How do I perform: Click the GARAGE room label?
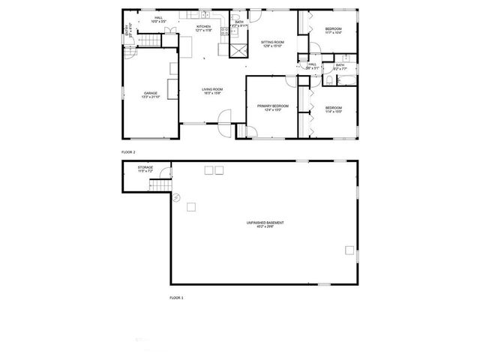click(140, 93)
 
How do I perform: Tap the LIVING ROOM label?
click(212, 89)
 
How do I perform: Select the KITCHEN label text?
click(203, 26)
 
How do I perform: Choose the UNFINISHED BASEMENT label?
click(265, 223)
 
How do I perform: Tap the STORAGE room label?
click(145, 167)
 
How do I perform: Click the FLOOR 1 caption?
click(176, 298)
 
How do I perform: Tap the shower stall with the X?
click(239, 50)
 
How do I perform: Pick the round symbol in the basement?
click(178, 197)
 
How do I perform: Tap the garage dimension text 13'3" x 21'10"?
click(140, 97)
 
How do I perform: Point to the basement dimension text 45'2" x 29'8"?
click(265, 226)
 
